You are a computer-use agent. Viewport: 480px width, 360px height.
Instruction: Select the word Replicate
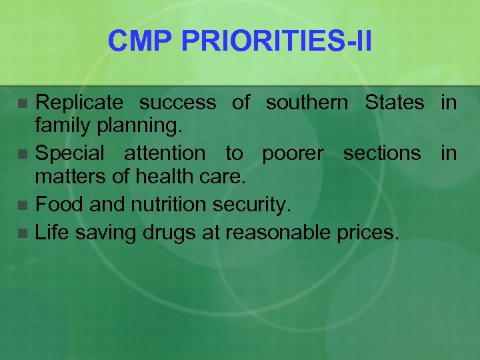click(79, 103)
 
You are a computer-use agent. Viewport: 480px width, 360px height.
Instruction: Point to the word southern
click(307, 103)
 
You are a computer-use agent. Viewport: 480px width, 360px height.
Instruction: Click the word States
click(394, 103)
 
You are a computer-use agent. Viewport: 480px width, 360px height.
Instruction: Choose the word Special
click(69, 153)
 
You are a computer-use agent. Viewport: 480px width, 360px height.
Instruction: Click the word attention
click(165, 153)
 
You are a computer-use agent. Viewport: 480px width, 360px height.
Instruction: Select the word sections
click(382, 153)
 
